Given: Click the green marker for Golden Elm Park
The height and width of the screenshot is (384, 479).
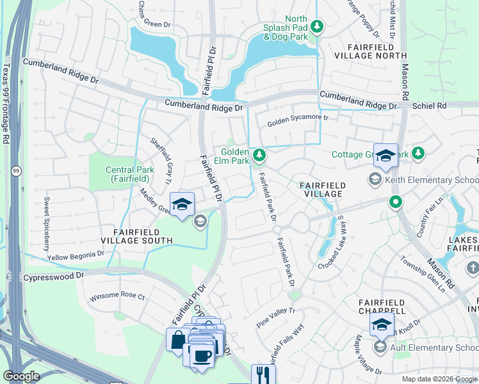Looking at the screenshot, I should tap(259, 155).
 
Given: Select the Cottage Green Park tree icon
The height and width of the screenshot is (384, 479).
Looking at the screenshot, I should tap(418, 154).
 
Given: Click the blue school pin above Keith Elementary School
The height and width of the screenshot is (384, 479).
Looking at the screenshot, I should tap(386, 156).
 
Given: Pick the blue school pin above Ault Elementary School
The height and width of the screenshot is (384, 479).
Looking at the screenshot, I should tap(382, 324).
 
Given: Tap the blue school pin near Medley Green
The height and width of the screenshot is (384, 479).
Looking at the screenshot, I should tap(183, 204).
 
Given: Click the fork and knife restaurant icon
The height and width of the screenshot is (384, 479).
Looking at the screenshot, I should tap(263, 374).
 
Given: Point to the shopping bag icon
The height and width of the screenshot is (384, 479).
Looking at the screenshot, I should tap(177, 339).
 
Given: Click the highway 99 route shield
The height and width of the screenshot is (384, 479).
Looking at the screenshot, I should tap(15, 170).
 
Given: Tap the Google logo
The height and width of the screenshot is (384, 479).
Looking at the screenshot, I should tap(22, 376).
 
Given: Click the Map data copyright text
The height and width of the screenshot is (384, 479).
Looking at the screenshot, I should tap(439, 379).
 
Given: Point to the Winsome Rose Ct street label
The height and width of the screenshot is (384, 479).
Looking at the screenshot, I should tap(117, 297).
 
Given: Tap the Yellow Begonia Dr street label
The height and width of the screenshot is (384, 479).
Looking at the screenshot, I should tap(76, 256).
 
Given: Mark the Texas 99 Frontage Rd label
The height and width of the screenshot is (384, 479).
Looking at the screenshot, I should tap(6, 102).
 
